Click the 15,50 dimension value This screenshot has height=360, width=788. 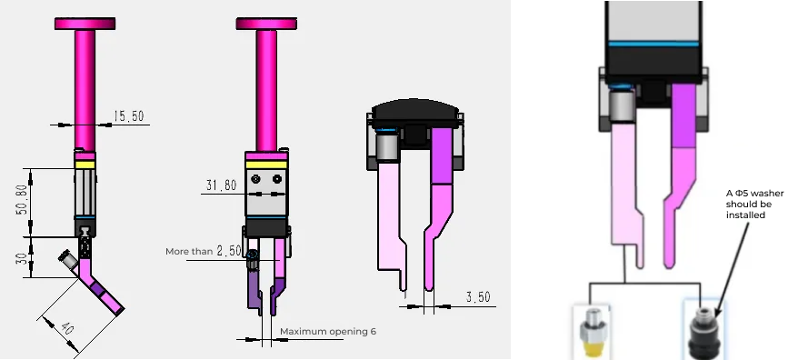click(x=129, y=116)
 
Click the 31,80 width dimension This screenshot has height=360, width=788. click(x=221, y=185)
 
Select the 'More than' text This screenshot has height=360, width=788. click(x=188, y=251)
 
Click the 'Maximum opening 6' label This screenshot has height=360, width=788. click(x=327, y=332)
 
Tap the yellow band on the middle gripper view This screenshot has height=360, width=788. click(x=266, y=164)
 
